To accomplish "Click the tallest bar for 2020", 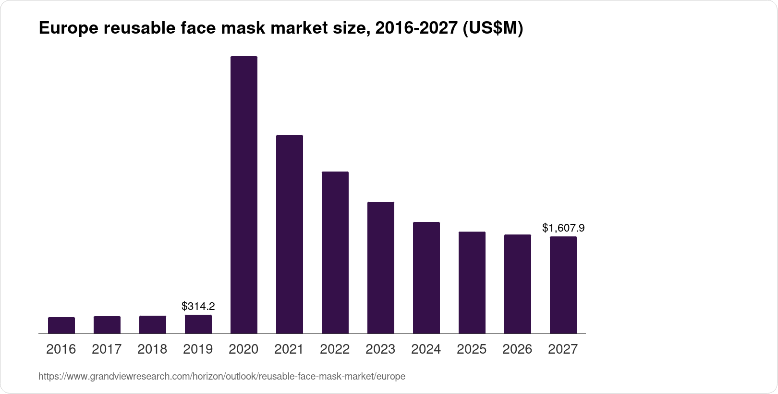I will click(x=244, y=195).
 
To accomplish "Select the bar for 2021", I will click(x=290, y=234).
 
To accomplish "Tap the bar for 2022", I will click(x=335, y=252).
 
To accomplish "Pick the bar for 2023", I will click(x=381, y=268).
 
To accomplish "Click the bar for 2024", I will click(x=426, y=278).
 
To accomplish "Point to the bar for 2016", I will click(x=61, y=325).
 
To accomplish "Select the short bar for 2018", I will click(x=153, y=325).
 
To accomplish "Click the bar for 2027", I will click(x=563, y=285).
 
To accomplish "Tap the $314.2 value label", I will click(x=198, y=306).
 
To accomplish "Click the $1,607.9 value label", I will click(x=563, y=228).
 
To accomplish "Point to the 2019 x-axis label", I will click(x=198, y=349).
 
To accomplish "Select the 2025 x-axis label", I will click(x=472, y=349).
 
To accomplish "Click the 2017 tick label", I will click(x=107, y=349).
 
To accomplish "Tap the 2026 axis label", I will click(x=517, y=349).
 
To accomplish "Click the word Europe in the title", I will click(x=67, y=29).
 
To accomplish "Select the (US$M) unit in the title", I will click(x=492, y=29).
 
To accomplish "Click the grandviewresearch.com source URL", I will click(x=222, y=377).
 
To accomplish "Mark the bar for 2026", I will click(x=518, y=284).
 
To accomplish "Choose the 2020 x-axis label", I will click(x=243, y=349).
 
